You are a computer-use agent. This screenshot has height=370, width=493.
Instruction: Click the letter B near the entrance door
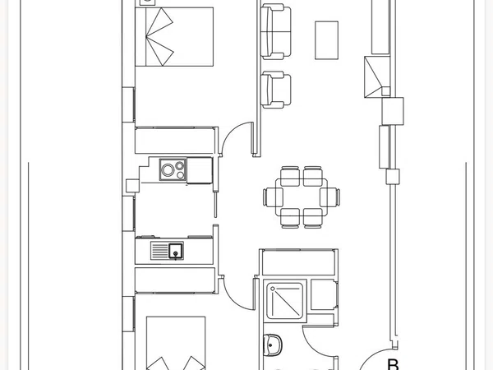[x=393, y=364]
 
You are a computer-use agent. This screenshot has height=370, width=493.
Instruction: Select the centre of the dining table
[x=302, y=197]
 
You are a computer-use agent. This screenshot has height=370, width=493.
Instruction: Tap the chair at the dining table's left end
[x=273, y=197]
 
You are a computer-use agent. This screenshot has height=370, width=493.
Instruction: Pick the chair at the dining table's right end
[x=329, y=197]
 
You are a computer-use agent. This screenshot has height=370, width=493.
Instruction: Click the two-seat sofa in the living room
[x=276, y=31]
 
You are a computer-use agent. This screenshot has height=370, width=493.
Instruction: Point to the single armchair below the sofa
[x=276, y=90]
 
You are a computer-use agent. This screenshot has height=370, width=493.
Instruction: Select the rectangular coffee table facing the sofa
[x=327, y=40]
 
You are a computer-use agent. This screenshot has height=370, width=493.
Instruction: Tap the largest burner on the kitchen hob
[x=168, y=170]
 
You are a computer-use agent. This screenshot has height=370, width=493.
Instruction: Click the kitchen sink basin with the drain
[x=176, y=251]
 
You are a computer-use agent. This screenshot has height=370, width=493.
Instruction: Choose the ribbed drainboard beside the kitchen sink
[x=159, y=251]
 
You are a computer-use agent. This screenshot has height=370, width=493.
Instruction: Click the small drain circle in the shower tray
[x=273, y=289]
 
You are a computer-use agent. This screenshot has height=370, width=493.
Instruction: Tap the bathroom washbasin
[x=272, y=345]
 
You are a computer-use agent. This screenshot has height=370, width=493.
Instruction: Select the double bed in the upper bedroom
[x=174, y=37]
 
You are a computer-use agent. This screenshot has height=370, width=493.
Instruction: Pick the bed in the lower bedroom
[x=176, y=343]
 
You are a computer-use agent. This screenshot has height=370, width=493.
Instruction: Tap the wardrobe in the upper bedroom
[x=175, y=141]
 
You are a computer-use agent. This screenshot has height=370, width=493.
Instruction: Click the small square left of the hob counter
[x=132, y=186]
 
